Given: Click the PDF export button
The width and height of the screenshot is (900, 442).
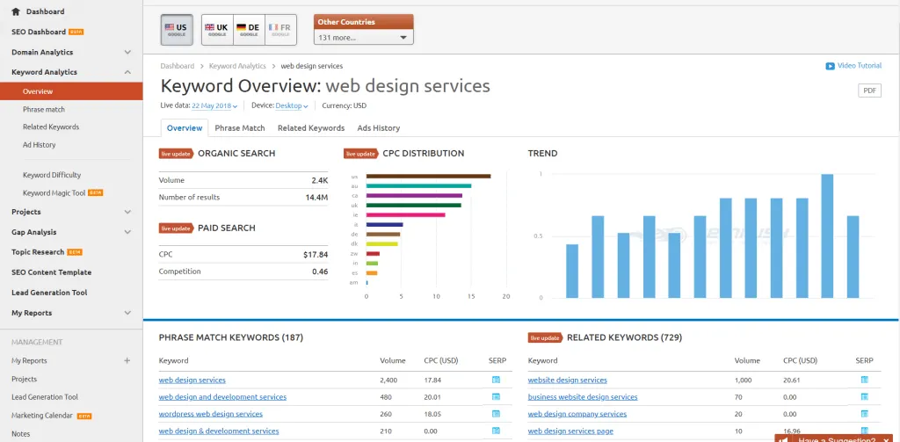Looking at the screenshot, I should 869,91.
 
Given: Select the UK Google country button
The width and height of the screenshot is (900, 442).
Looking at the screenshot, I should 217,30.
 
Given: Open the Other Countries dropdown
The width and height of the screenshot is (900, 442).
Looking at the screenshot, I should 364,38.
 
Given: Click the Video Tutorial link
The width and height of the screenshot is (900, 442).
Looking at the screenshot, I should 853,66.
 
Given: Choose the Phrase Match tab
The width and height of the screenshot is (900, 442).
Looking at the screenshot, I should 240,128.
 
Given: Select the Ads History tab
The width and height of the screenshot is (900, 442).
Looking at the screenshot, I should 378,128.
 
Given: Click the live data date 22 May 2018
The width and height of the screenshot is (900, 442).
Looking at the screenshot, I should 214,106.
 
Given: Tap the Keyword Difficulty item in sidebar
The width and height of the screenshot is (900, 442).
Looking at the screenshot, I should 52,175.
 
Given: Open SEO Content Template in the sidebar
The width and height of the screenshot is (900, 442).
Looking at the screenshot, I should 51,272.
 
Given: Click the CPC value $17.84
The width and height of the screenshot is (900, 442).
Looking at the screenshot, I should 316,255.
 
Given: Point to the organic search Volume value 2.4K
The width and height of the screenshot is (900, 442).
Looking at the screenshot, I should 319,181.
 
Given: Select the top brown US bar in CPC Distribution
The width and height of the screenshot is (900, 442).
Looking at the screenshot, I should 428,176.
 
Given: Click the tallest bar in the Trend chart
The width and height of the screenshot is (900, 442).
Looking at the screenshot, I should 827,235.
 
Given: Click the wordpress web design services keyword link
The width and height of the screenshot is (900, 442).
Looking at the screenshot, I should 210,414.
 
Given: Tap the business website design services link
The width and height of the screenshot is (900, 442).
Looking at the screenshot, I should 583,397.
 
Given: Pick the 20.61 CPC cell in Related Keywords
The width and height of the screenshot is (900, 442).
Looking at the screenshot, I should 792,380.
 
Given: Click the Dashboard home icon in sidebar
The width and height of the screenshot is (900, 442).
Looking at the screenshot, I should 16,11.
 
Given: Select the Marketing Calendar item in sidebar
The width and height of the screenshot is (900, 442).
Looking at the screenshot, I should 42,416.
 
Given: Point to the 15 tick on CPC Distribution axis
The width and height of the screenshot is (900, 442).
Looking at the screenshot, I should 471,296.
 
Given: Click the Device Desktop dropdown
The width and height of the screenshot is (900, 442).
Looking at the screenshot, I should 291,106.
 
